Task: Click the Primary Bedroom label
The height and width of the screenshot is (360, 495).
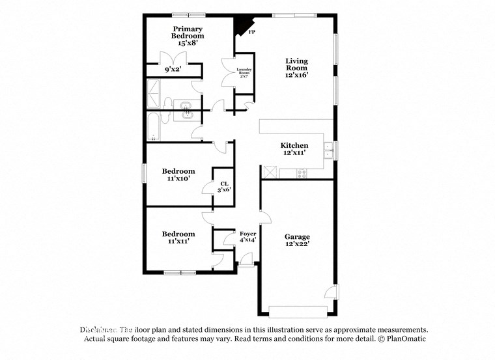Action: coord(188,33)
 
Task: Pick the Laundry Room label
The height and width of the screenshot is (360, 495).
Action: coord(244,72)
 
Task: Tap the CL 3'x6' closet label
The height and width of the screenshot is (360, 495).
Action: coord(224,186)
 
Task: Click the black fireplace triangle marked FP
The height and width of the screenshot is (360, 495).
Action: coord(244,25)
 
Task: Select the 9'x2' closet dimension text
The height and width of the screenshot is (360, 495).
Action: coord(173,69)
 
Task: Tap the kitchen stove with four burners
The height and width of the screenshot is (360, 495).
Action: coord(302,173)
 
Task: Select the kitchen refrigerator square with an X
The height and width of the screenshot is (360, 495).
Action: coord(269,173)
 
